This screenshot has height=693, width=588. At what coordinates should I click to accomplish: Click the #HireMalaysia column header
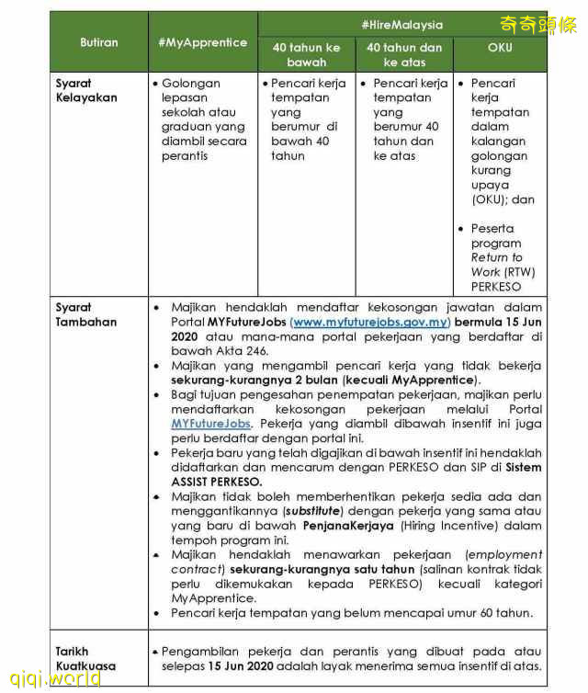coord(401,25)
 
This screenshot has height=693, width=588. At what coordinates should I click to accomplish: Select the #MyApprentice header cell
coord(202,42)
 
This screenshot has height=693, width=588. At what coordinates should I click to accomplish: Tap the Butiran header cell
coord(98,42)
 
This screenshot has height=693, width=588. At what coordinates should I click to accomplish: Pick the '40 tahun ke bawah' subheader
coord(306,54)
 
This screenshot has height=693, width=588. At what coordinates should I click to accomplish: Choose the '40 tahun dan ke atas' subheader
coord(403,54)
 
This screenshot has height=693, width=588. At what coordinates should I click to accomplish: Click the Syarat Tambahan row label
coord(85,314)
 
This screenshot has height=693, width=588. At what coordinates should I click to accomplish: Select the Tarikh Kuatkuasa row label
coord(85,658)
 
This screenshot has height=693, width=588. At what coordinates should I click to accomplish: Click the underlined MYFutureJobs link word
coord(210,424)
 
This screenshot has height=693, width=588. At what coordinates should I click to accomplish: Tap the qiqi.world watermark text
coord(51,678)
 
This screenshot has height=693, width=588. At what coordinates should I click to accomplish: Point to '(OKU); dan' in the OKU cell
coord(503,199)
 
